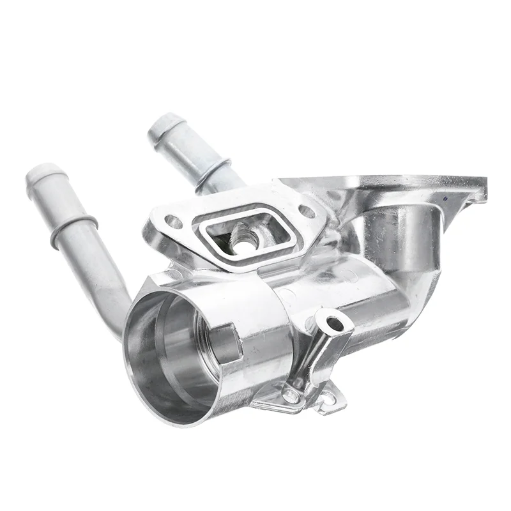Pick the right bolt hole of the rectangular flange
(307, 211)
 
